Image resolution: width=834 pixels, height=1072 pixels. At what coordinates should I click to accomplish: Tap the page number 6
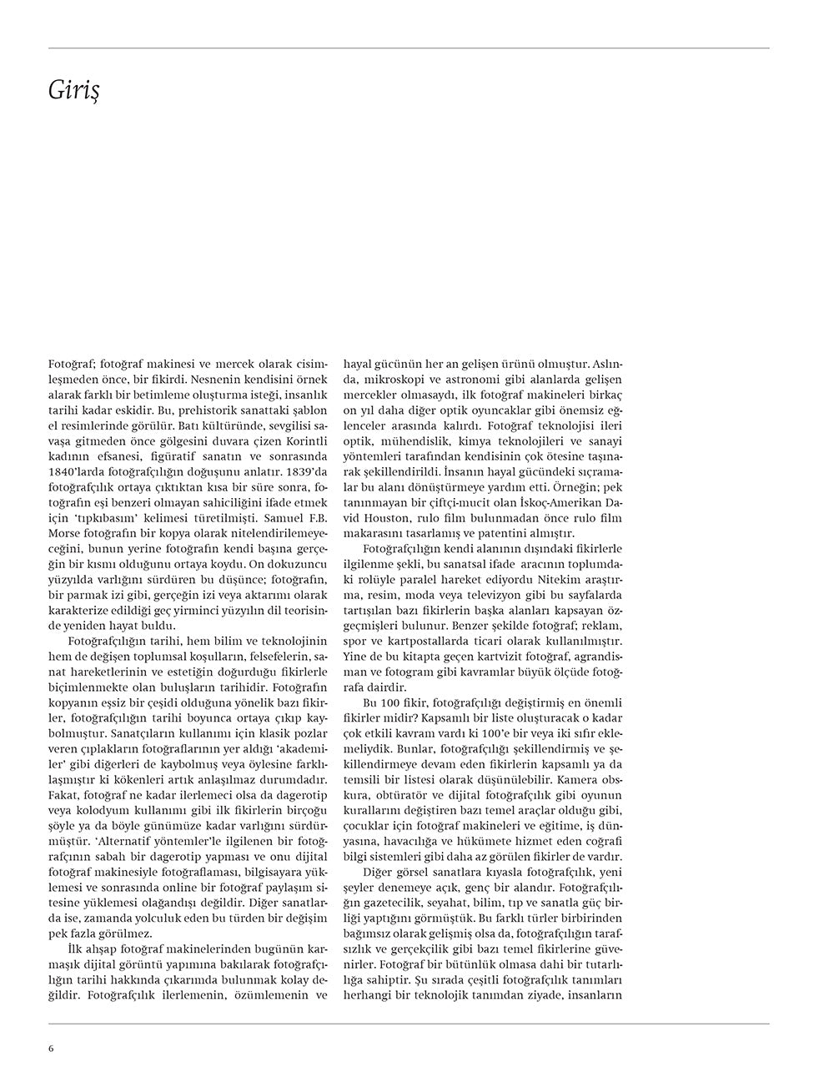pos(51,1049)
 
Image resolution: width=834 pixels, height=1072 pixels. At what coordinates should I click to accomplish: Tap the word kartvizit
pos(498,656)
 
